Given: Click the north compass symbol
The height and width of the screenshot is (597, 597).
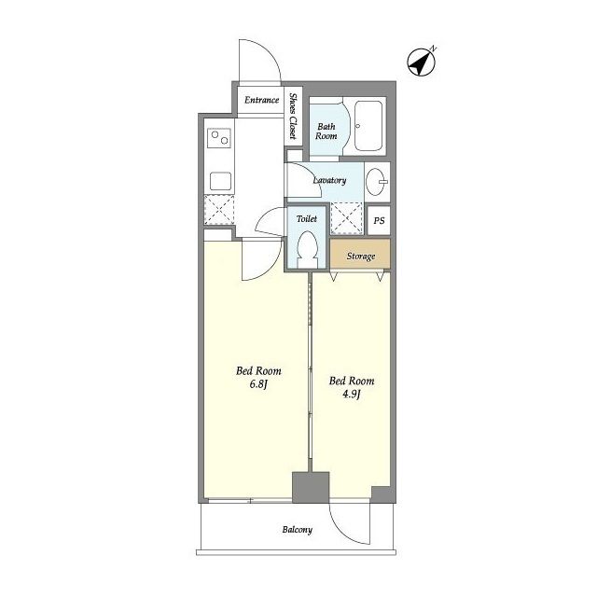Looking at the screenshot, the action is pyautogui.click(x=421, y=62).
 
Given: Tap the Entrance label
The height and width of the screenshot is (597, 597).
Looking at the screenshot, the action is pyautogui.click(x=261, y=100).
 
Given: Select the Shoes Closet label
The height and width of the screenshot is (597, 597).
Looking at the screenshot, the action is pyautogui.click(x=293, y=116).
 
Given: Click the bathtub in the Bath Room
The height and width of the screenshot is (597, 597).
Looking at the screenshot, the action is pyautogui.click(x=368, y=126).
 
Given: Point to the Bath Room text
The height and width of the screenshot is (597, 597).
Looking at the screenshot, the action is pyautogui.click(x=326, y=132).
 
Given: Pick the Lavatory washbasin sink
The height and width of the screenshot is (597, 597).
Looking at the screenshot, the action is pyautogui.click(x=377, y=182).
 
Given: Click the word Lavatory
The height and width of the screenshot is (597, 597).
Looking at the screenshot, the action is pyautogui.click(x=329, y=180).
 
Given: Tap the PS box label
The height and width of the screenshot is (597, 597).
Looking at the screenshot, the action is pyautogui.click(x=379, y=220).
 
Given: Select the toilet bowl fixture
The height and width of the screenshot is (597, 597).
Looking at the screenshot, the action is pyautogui.click(x=307, y=249).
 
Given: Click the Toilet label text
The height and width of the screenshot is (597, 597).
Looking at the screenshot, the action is pyautogui.click(x=307, y=219).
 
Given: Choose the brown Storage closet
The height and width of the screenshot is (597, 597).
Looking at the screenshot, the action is pyautogui.click(x=360, y=254).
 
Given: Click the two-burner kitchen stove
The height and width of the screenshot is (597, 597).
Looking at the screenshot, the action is pyautogui.click(x=219, y=138).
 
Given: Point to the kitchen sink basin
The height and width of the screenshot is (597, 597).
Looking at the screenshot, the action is pyautogui.click(x=220, y=181).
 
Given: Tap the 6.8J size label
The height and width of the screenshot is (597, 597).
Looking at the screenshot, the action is pyautogui.click(x=258, y=384).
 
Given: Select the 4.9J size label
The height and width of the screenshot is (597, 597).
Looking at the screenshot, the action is pyautogui.click(x=352, y=394).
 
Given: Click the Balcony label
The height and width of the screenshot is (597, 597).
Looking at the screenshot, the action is pyautogui.click(x=298, y=530).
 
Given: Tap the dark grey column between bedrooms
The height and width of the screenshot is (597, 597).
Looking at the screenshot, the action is pyautogui.click(x=311, y=487).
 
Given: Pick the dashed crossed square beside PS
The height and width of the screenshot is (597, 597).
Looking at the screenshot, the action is pyautogui.click(x=346, y=218).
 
